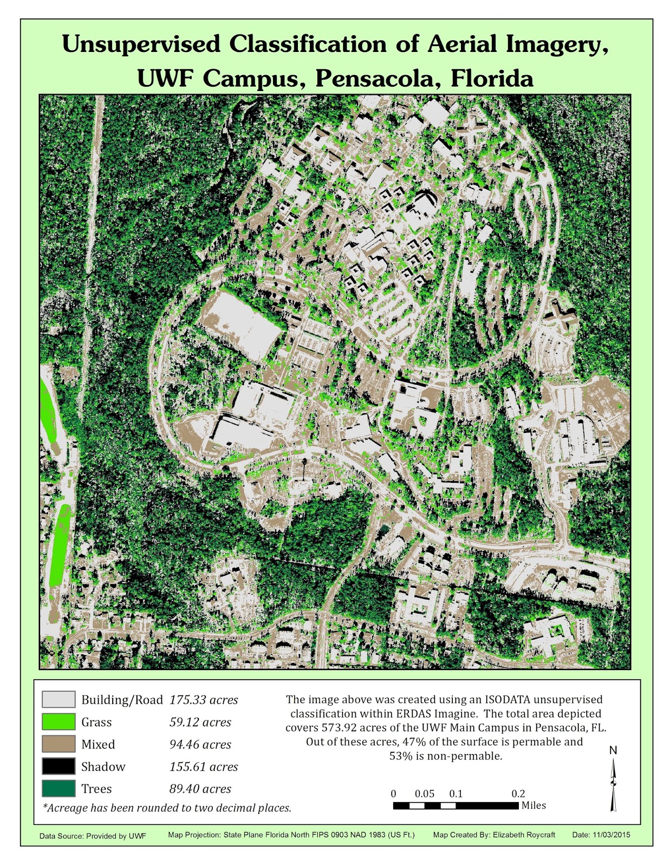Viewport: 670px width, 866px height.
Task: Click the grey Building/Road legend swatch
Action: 58,699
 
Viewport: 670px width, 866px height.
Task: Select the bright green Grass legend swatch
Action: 58,721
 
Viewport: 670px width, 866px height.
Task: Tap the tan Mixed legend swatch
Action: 58,744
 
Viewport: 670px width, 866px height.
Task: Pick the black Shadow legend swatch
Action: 58,766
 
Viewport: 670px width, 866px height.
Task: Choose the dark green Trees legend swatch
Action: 58,789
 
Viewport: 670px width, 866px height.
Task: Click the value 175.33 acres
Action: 204,700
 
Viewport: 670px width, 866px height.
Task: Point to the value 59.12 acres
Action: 200,722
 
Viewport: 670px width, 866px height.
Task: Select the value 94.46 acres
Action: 200,745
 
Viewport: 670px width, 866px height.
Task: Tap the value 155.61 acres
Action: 204,767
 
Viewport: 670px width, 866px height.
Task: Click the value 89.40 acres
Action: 200,789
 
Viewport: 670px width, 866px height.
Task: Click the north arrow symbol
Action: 614,784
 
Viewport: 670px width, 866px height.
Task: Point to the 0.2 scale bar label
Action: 518,794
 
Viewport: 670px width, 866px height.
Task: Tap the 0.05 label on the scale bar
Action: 425,794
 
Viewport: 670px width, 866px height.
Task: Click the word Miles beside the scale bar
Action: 534,806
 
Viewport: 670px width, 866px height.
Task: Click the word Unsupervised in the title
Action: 141,44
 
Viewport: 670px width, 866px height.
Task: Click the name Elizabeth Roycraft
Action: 524,835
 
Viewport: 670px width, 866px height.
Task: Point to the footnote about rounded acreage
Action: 167,808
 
